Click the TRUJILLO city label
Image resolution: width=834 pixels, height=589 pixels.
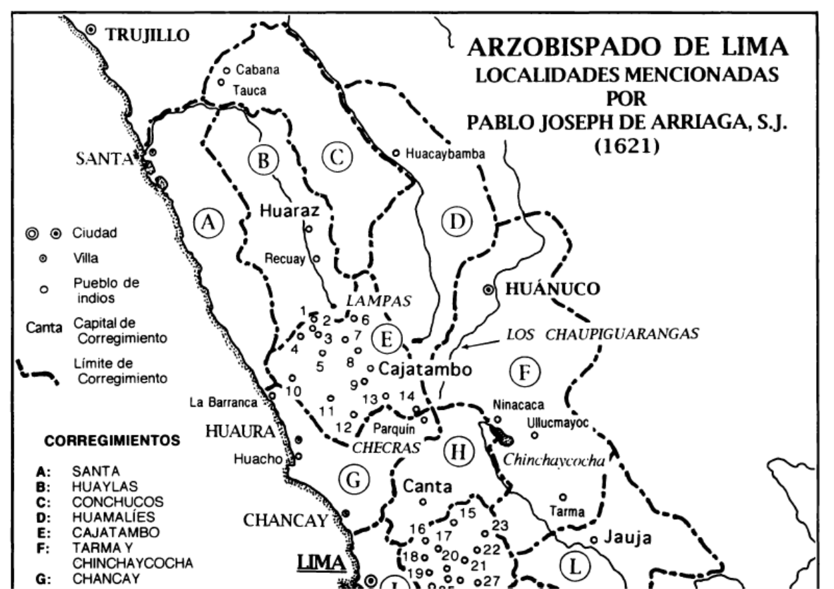pos(147,35)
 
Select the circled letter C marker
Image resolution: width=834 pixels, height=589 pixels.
pos(336,158)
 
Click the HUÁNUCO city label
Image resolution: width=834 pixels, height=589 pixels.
pos(553,290)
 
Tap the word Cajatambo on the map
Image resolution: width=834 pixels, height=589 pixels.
pos(426,369)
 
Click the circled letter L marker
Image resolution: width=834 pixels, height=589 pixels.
pos(574,566)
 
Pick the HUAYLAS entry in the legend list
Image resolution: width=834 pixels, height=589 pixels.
pos(96,487)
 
